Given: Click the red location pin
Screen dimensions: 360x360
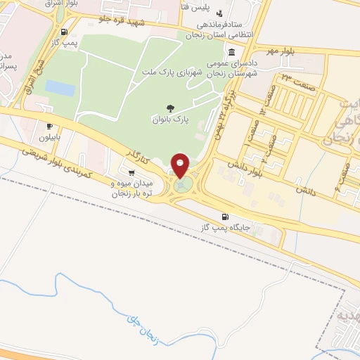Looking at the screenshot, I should [181, 165].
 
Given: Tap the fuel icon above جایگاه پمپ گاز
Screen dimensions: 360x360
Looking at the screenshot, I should [225, 217].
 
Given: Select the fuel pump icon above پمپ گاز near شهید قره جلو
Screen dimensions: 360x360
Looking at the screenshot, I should [65, 32].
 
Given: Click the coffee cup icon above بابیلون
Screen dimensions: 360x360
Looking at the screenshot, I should [49, 127].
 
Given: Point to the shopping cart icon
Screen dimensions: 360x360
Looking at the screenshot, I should [131, 171].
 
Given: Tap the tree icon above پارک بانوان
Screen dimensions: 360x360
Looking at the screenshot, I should [171, 108].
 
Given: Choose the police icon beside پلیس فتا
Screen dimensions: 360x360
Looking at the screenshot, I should [219, 13].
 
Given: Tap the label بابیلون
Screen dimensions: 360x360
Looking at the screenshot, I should [50, 137].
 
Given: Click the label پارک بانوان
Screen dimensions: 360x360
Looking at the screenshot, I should [171, 119].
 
